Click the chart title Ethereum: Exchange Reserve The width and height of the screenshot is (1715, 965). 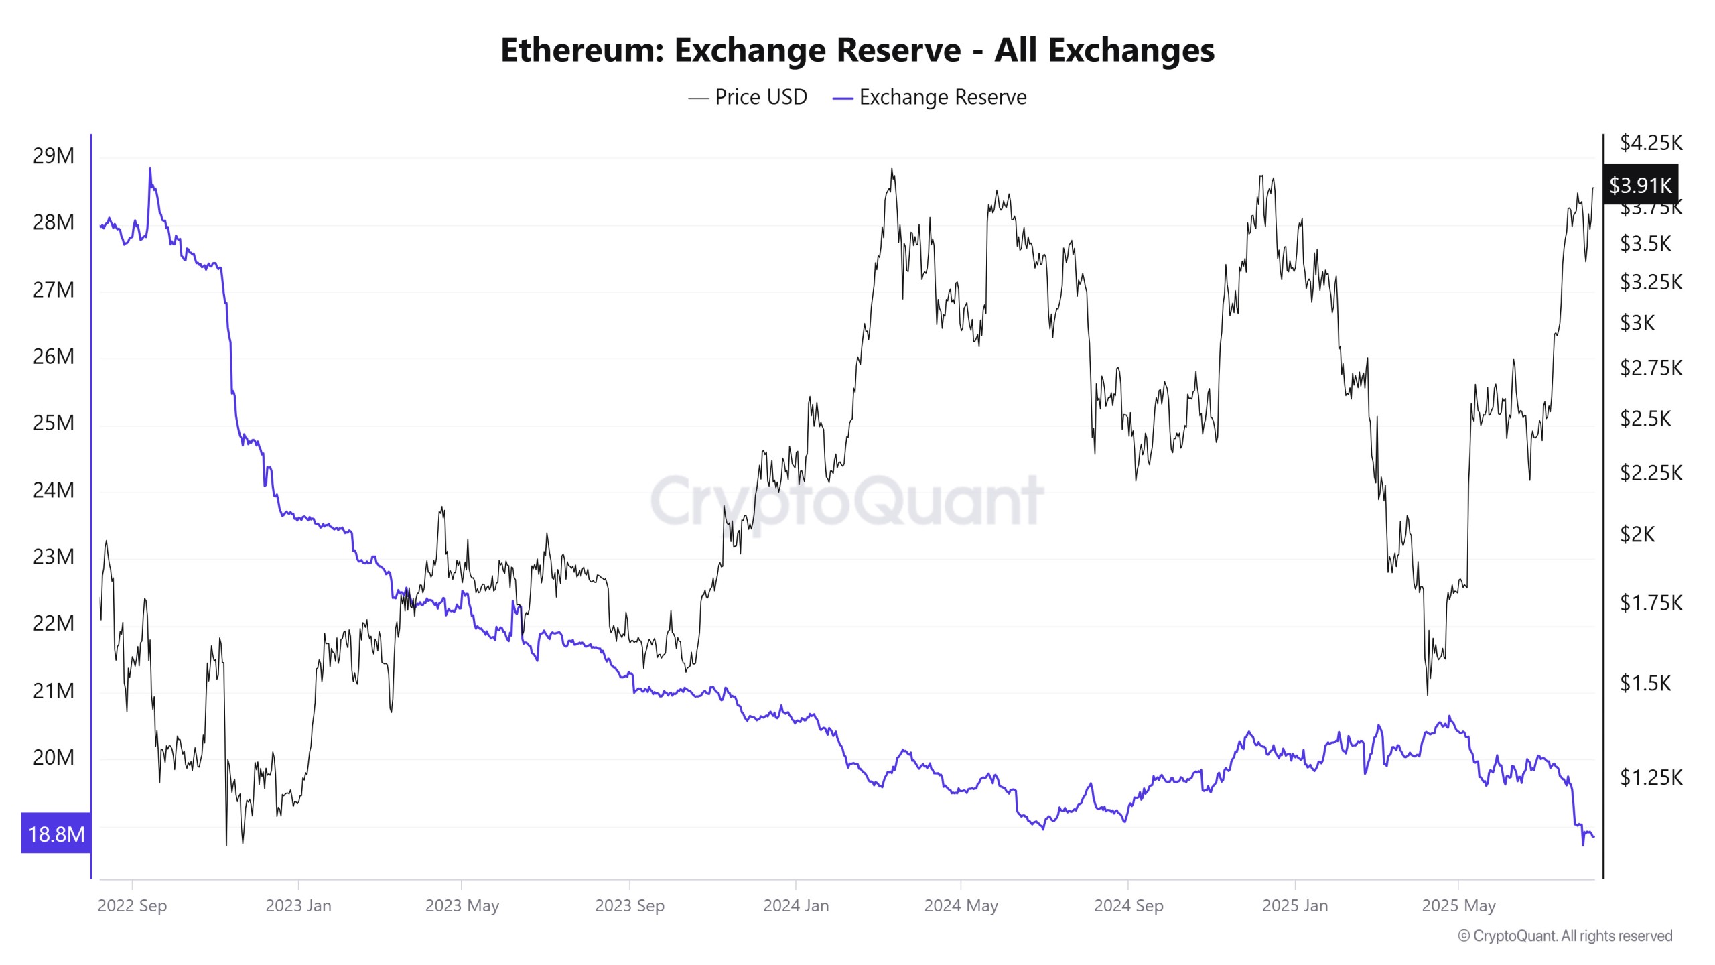pyautogui.click(x=857, y=50)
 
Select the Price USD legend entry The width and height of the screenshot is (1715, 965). pyautogui.click(x=748, y=97)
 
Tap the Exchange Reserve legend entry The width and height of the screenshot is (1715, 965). pyautogui.click(x=929, y=97)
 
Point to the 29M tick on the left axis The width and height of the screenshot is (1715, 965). pyautogui.click(x=54, y=156)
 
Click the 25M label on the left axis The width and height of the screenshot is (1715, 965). pyautogui.click(x=54, y=423)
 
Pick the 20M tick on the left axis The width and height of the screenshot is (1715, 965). pyautogui.click(x=54, y=757)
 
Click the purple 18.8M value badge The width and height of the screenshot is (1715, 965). pyautogui.click(x=56, y=834)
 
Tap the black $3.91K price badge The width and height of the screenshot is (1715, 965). pyautogui.click(x=1640, y=185)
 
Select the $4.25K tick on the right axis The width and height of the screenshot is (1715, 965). pyautogui.click(x=1651, y=143)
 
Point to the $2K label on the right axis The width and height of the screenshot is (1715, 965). pyautogui.click(x=1637, y=534)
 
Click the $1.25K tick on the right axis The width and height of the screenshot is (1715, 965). pyautogui.click(x=1651, y=777)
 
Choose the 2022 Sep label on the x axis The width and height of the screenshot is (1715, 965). pyautogui.click(x=132, y=905)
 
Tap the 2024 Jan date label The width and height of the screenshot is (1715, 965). pyautogui.click(x=796, y=905)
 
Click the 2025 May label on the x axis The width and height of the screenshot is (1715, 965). pyautogui.click(x=1458, y=905)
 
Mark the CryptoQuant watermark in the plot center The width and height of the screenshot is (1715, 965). pyautogui.click(x=847, y=501)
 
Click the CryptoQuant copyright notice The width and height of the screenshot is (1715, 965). pyautogui.click(x=1565, y=936)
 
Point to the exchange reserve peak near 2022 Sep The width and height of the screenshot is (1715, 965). pyautogui.click(x=149, y=169)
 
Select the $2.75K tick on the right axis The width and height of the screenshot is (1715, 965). pyautogui.click(x=1651, y=368)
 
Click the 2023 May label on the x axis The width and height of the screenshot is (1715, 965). pyautogui.click(x=462, y=905)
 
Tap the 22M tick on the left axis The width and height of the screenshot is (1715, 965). pyautogui.click(x=54, y=623)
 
